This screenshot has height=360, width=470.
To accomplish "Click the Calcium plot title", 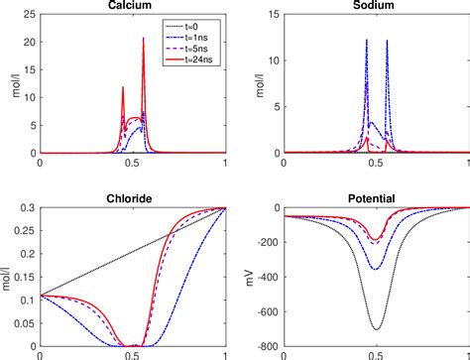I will point(131,6).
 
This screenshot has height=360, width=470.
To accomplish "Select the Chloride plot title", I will point(131,198).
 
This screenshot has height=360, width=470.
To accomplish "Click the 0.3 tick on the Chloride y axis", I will point(26,207).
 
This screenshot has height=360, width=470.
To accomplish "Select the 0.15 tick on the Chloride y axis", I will point(24,277).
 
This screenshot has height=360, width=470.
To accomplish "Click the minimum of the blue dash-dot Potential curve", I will point(376,269).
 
